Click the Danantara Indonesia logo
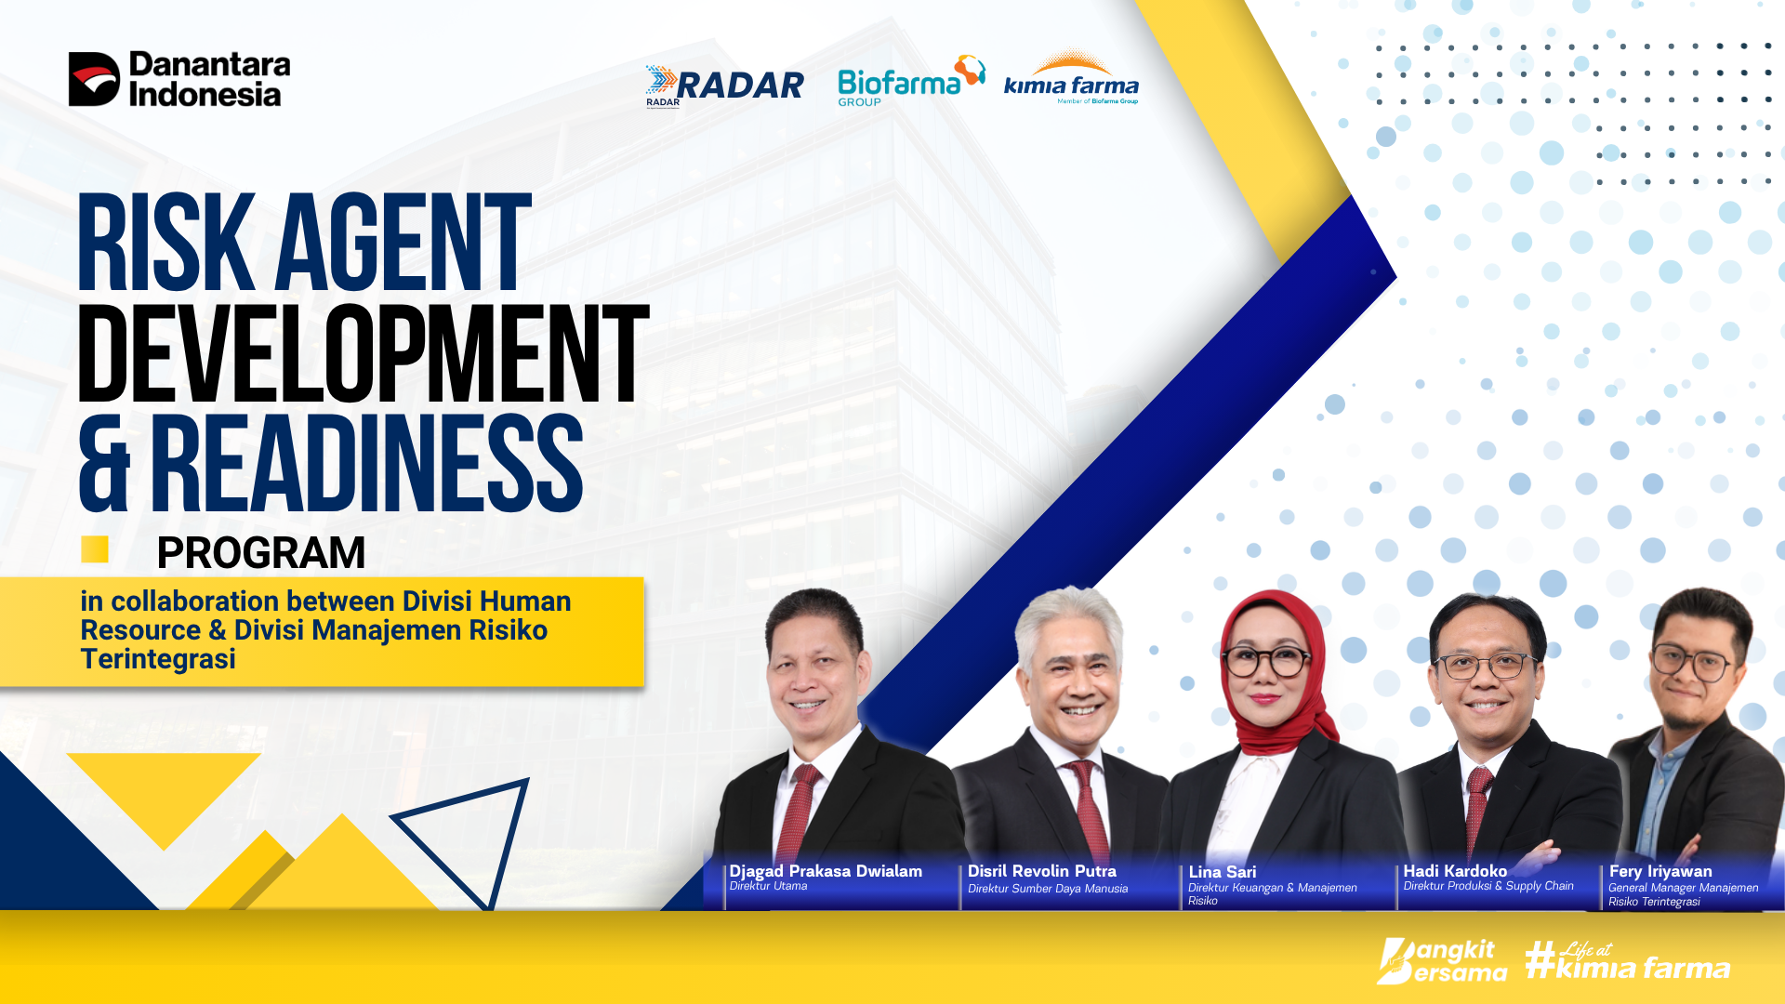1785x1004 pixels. tap(179, 79)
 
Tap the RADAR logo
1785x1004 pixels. tap(724, 86)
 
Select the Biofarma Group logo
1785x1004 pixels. tap(911, 81)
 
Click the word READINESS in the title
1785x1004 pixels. tap(367, 464)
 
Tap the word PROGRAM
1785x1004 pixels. tap(261, 553)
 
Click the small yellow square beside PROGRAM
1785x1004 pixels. tap(95, 549)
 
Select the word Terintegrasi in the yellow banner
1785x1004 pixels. tap(158, 659)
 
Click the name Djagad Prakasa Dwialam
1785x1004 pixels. tap(826, 871)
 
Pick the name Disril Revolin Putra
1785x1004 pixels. tap(1042, 871)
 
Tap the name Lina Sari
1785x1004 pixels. tap(1223, 872)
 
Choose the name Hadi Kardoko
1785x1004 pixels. tap(1455, 871)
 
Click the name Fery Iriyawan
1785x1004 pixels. tap(1660, 871)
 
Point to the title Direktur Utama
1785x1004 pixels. tap(768, 886)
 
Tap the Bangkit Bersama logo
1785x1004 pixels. tap(1442, 961)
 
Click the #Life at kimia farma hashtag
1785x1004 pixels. tap(1628, 961)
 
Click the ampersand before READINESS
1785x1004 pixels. tap(105, 464)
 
